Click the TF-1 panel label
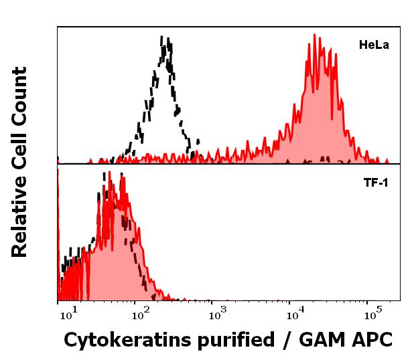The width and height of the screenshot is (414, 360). click(375, 181)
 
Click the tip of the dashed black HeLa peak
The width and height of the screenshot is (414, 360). click(163, 36)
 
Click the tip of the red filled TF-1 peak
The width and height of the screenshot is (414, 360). click(121, 175)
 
